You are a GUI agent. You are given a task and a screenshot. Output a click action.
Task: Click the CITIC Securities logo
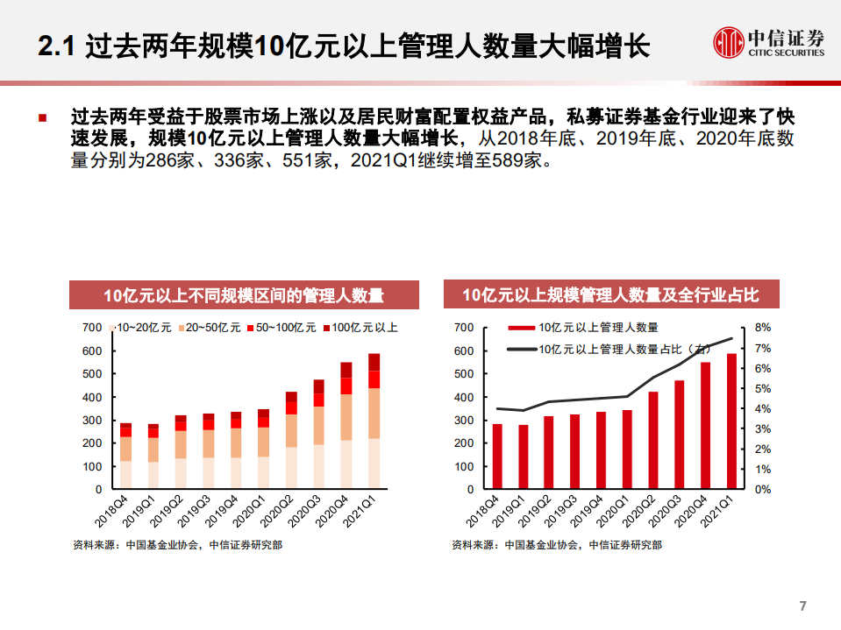pyautogui.click(x=768, y=41)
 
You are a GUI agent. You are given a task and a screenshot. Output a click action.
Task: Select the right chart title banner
pyautogui.click(x=610, y=295)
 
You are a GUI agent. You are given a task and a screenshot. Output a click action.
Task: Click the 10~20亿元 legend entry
pyautogui.click(x=143, y=328)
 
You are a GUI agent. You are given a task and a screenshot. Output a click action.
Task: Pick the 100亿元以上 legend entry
pyautogui.click(x=361, y=328)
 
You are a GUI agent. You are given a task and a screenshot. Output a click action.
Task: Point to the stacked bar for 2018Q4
pyautogui.click(x=125, y=456)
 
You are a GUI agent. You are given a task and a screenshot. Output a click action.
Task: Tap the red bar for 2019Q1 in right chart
pyautogui.click(x=524, y=457)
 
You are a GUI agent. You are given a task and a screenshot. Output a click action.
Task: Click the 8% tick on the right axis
pyautogui.click(x=762, y=328)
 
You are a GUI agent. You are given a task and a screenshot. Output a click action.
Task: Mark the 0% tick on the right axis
pyautogui.click(x=762, y=489)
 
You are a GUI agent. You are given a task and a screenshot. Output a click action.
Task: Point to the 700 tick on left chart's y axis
pyautogui.click(x=92, y=328)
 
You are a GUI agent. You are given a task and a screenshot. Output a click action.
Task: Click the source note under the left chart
pyautogui.click(x=177, y=544)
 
